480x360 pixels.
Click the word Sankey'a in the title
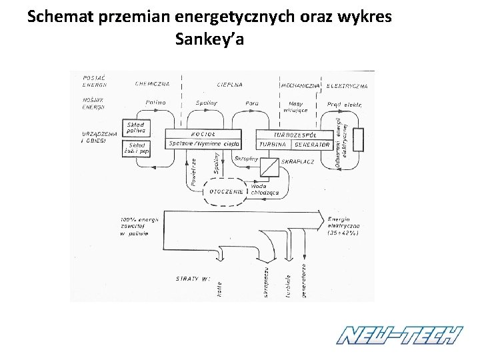[x=209, y=39]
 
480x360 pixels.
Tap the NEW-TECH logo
[x=399, y=334]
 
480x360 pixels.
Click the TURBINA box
[x=273, y=144]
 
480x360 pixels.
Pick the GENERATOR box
[x=312, y=144]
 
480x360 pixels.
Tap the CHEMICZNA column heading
[x=153, y=85]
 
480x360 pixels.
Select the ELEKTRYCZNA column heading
[x=347, y=86]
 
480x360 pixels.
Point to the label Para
[x=252, y=103]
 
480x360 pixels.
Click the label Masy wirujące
[x=296, y=107]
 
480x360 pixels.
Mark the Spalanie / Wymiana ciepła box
[x=203, y=144]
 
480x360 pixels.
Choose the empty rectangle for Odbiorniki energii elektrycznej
[x=359, y=141]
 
